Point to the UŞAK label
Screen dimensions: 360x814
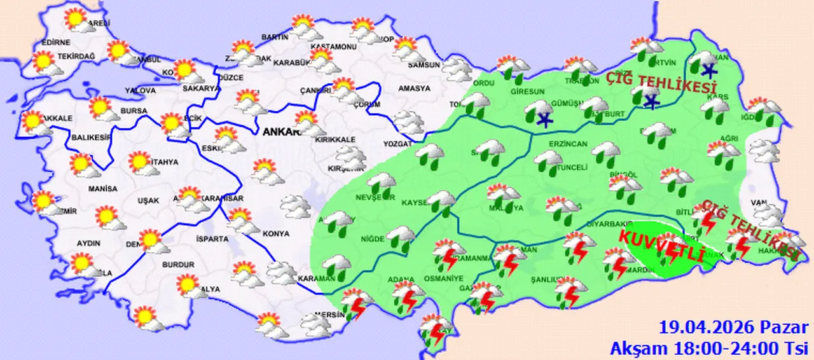[148, 200]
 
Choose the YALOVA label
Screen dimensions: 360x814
[141, 91]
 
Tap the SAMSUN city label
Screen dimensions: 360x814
[424, 65]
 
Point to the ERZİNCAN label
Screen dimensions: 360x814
[551, 144]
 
